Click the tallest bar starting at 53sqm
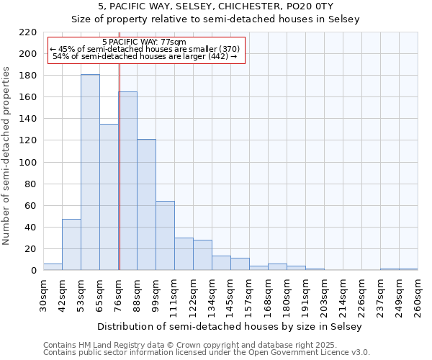tap(90, 173)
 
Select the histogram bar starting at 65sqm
tap(109, 197)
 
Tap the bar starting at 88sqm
tap(146, 204)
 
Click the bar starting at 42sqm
tap(71, 245)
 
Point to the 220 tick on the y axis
tap(28, 32)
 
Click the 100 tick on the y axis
tap(28, 163)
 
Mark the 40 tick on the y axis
tap(31, 228)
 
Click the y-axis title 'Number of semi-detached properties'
tap(7, 156)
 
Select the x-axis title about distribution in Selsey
tap(230, 326)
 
